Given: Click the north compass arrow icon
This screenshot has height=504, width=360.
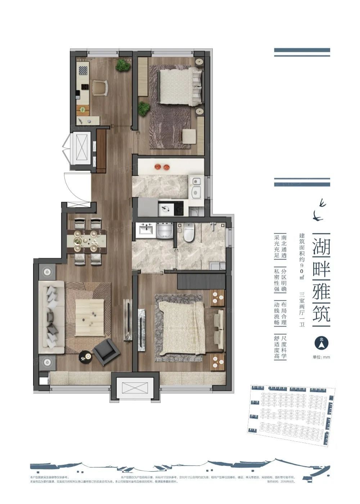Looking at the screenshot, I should pos(320,343).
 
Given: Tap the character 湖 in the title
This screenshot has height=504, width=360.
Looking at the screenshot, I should pos(321,247).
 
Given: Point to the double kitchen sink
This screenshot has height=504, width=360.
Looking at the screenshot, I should pos(196,187).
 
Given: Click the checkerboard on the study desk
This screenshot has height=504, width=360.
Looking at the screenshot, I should pos(83,70).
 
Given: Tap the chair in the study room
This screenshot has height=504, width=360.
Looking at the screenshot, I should pos(100,87).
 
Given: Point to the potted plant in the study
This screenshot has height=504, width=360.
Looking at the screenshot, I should pos(123,65).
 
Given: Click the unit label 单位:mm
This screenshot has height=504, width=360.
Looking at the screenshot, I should pos(321,357).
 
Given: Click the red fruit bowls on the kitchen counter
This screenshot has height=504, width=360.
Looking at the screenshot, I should pos(162,167).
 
